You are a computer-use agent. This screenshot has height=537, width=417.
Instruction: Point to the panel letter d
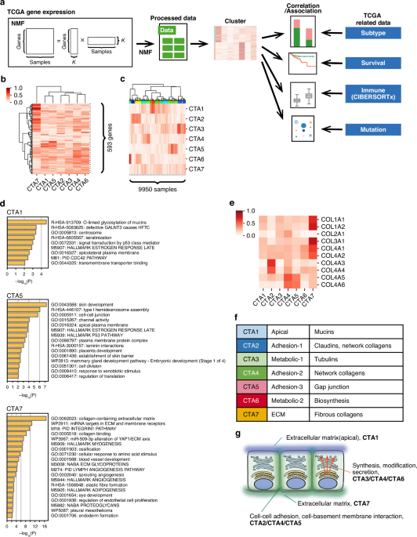(4, 202)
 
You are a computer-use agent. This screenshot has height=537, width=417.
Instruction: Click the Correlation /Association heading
(310, 10)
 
